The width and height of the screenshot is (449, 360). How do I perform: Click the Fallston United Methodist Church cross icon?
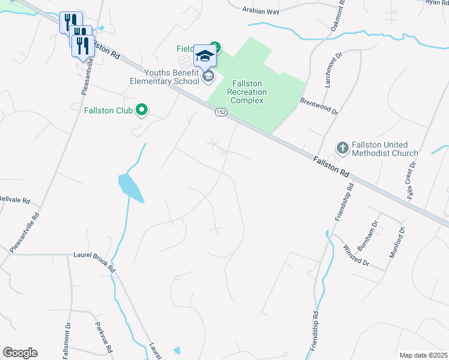pyautogui.click(x=342, y=148)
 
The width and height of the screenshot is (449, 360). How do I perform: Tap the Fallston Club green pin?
pyautogui.click(x=142, y=110)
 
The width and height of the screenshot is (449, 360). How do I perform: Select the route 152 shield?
pyautogui.click(x=221, y=113)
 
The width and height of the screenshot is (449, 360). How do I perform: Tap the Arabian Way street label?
pyautogui.click(x=262, y=10)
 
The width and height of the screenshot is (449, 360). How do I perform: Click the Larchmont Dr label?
pyautogui.click(x=333, y=69)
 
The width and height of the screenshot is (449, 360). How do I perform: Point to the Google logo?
pyautogui.click(x=20, y=353)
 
